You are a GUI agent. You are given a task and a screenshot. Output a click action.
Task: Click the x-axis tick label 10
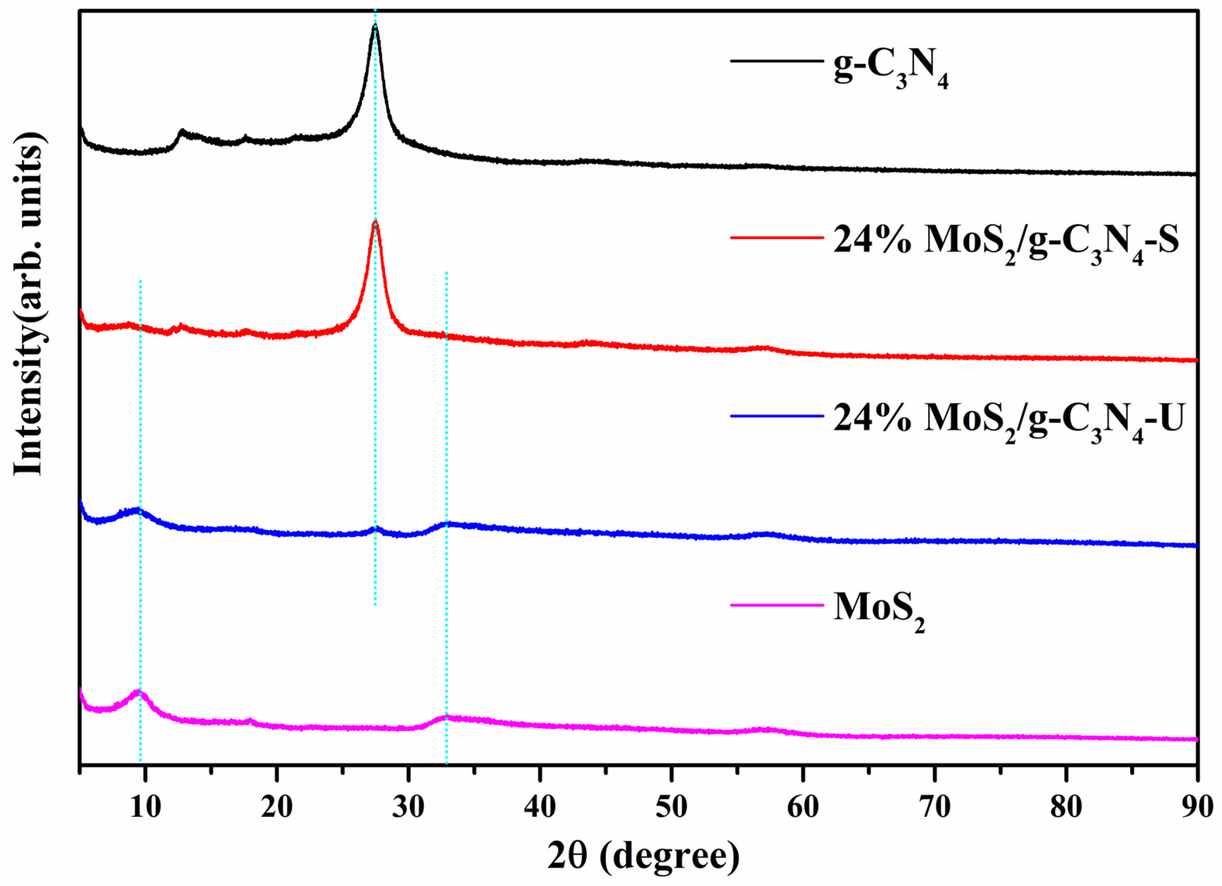click(x=145, y=807)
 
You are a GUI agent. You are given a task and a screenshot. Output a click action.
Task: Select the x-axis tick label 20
click(x=277, y=807)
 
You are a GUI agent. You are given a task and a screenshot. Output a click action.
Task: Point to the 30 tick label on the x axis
click(x=408, y=807)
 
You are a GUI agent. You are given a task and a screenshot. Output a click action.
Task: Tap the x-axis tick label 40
click(x=540, y=807)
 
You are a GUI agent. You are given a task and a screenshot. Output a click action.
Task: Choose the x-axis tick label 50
click(x=671, y=807)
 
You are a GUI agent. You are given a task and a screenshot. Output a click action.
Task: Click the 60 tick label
click(x=803, y=807)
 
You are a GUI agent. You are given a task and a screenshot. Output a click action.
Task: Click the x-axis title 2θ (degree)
click(x=643, y=856)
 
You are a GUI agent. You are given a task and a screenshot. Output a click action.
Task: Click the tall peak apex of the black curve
click(x=375, y=26)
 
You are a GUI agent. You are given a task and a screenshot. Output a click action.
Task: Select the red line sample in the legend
click(x=776, y=237)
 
